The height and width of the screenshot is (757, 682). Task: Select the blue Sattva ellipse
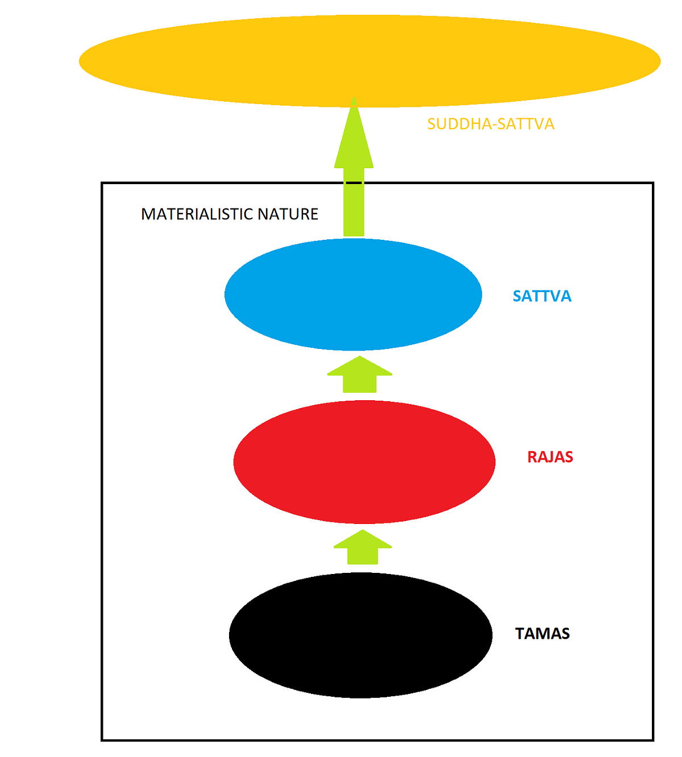(x=353, y=294)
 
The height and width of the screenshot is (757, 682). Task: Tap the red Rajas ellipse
(x=364, y=462)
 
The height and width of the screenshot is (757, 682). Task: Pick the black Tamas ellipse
(x=360, y=635)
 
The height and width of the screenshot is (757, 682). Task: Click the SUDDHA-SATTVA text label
(x=490, y=124)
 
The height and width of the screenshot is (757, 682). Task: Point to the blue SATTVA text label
(x=542, y=296)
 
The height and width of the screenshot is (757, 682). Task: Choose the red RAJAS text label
(x=550, y=457)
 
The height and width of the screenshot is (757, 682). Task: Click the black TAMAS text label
(x=542, y=634)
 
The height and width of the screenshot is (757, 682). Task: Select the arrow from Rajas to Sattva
(x=360, y=375)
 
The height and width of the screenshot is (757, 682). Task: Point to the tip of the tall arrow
(x=354, y=100)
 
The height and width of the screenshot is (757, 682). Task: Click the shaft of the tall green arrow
(x=354, y=210)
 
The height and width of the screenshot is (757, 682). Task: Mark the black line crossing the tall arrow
(x=354, y=182)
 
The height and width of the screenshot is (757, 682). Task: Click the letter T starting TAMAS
(x=519, y=634)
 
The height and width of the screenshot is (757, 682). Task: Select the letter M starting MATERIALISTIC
(x=148, y=214)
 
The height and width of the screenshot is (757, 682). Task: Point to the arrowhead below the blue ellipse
(x=360, y=366)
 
